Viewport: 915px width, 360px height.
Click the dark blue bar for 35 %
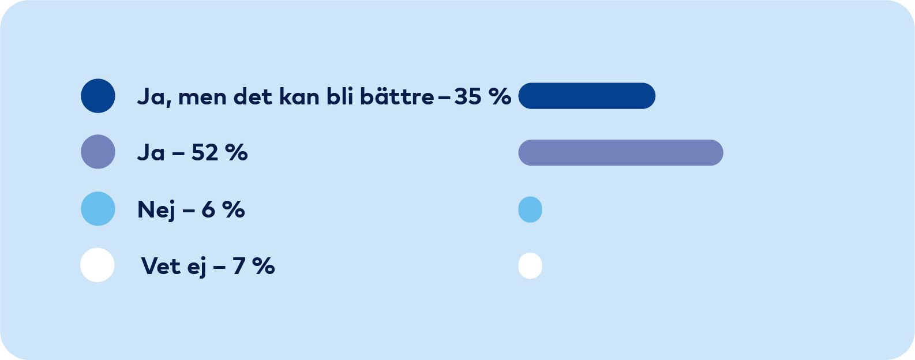point(587,96)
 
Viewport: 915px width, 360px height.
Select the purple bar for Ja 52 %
point(621,153)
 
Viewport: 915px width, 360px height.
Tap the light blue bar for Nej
point(530,209)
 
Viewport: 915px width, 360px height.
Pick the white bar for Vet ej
point(530,266)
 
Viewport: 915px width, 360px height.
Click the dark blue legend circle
point(98,96)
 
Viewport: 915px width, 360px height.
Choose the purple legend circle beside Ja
point(98,152)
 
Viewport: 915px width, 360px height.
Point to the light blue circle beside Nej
point(98,209)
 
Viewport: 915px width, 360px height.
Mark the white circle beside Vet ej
point(97,265)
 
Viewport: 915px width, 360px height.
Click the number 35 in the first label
point(467,97)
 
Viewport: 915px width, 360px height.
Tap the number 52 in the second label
point(205,153)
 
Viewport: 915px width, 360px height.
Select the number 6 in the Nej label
point(208,210)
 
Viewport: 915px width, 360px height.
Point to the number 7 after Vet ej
point(239,267)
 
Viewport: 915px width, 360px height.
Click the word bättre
point(397,97)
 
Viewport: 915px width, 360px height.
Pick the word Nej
point(156,210)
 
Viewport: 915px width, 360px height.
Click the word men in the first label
point(202,97)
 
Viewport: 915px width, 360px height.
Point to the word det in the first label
point(253,97)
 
